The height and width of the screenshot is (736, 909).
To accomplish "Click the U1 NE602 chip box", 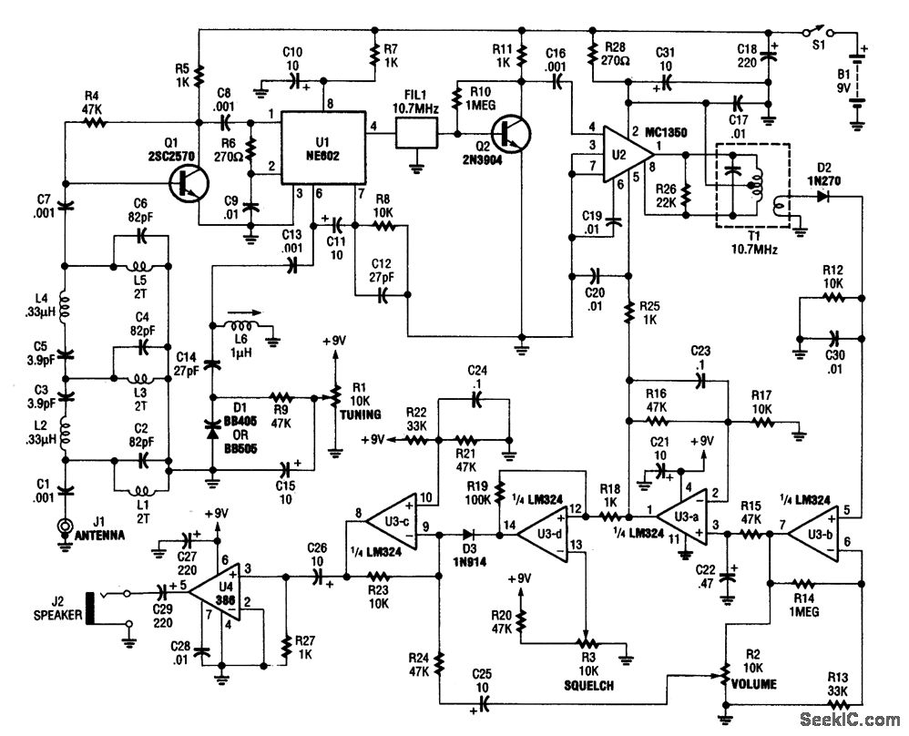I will [x=320, y=147].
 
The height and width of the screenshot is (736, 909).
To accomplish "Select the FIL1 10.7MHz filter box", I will [x=416, y=137].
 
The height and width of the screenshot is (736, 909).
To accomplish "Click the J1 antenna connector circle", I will [x=66, y=526].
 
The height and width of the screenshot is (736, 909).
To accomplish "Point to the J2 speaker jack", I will [x=91, y=608].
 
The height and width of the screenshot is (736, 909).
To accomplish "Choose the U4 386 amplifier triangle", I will [x=217, y=585].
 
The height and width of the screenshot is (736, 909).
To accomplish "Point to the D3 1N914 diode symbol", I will [x=472, y=536].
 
